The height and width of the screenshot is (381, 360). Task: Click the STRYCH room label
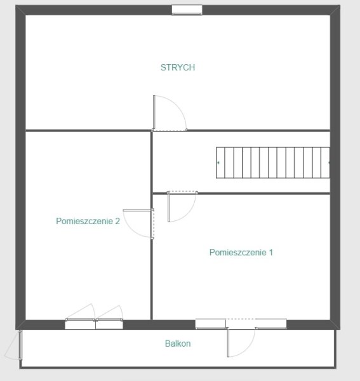tap(178, 67)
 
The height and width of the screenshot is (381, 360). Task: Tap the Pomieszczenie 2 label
tap(88, 221)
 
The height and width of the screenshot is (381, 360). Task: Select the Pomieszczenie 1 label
tap(241, 253)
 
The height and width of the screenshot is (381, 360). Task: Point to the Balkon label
tap(178, 344)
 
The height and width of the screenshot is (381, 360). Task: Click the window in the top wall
tap(187, 10)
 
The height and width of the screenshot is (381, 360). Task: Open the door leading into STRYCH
tap(170, 113)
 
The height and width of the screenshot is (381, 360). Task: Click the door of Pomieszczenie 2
tap(138, 224)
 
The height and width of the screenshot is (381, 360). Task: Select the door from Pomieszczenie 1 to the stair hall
tap(182, 206)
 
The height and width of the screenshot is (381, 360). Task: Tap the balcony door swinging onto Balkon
tap(241, 342)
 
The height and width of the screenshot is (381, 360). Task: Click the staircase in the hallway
tap(273, 163)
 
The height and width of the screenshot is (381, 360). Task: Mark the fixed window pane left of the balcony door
tap(211, 324)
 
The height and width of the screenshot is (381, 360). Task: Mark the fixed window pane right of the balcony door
tap(271, 324)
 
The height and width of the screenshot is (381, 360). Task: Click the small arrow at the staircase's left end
tap(218, 163)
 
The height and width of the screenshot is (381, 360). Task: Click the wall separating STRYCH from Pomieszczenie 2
tap(88, 130)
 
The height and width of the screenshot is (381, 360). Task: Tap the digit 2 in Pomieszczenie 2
tap(117, 221)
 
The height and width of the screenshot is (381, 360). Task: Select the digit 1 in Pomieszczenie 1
tap(271, 253)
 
